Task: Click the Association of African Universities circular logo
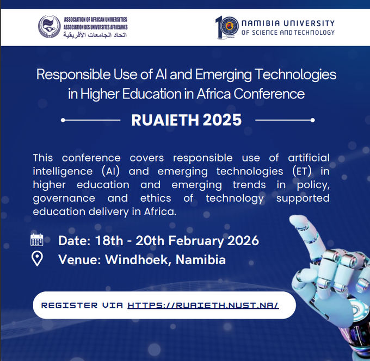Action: click(x=49, y=26)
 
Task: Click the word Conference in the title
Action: click(x=269, y=94)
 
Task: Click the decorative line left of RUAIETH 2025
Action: click(x=91, y=120)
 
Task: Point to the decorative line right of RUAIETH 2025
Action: click(x=285, y=120)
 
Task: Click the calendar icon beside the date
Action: click(x=37, y=240)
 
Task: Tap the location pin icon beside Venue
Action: click(x=37, y=259)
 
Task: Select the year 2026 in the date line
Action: click(x=239, y=240)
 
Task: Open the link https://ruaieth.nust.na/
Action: click(x=203, y=305)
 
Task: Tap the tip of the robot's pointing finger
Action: click(x=297, y=219)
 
